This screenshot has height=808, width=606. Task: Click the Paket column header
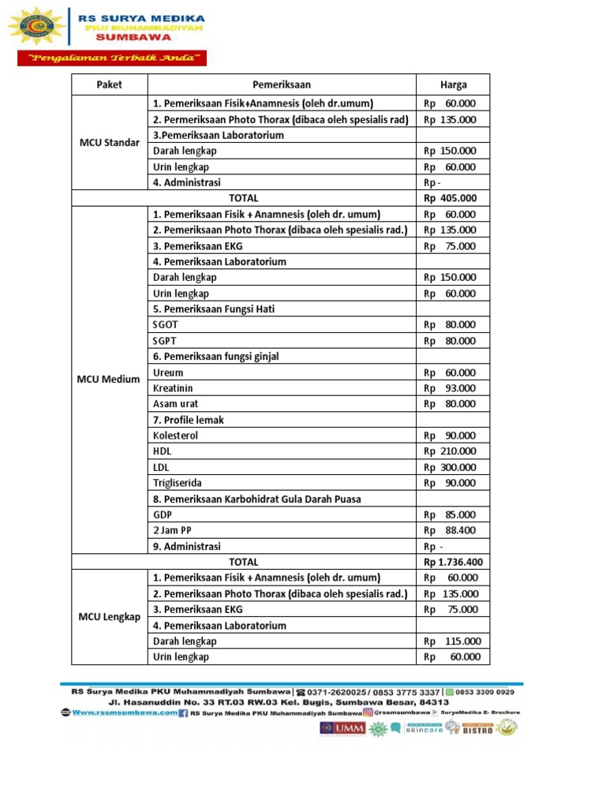tap(110, 84)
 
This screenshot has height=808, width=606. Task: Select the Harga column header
tap(453, 84)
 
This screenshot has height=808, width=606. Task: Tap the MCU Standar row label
tap(110, 143)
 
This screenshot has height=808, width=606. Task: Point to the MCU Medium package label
tap(109, 379)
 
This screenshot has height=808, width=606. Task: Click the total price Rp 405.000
tap(450, 198)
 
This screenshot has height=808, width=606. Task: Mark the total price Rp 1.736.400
tap(453, 562)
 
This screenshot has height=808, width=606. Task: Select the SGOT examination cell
tap(166, 324)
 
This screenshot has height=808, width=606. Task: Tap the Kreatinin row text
tap(173, 388)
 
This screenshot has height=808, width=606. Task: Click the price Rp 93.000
tap(450, 388)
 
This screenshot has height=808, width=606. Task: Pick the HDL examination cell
tap(162, 451)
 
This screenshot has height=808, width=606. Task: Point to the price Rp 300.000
tap(450, 467)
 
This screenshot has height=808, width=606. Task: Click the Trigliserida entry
tap(178, 483)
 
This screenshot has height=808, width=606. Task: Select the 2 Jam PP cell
tap(172, 530)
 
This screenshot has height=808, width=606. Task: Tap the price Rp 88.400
tap(450, 530)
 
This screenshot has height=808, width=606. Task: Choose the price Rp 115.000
tap(452, 642)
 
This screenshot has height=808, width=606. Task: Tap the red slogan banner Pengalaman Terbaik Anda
tap(112, 58)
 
